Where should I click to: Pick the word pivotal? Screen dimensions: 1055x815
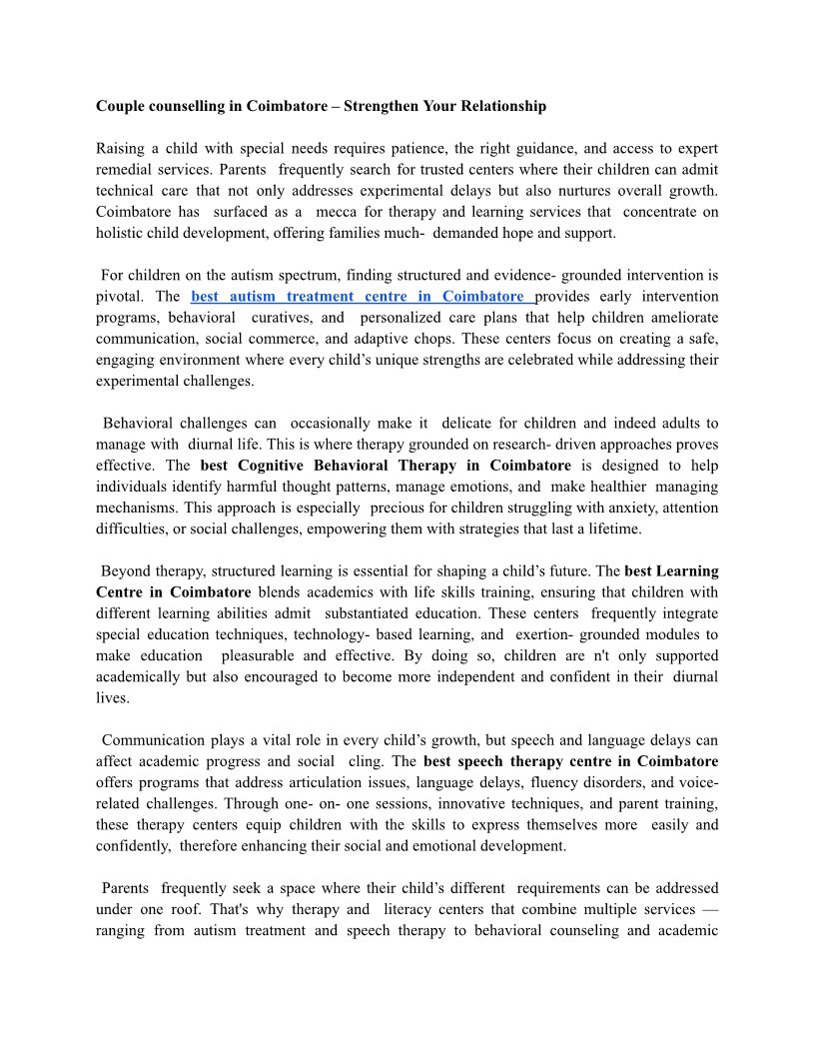[x=120, y=297]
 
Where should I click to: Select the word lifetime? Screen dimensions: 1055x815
[x=611, y=528]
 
